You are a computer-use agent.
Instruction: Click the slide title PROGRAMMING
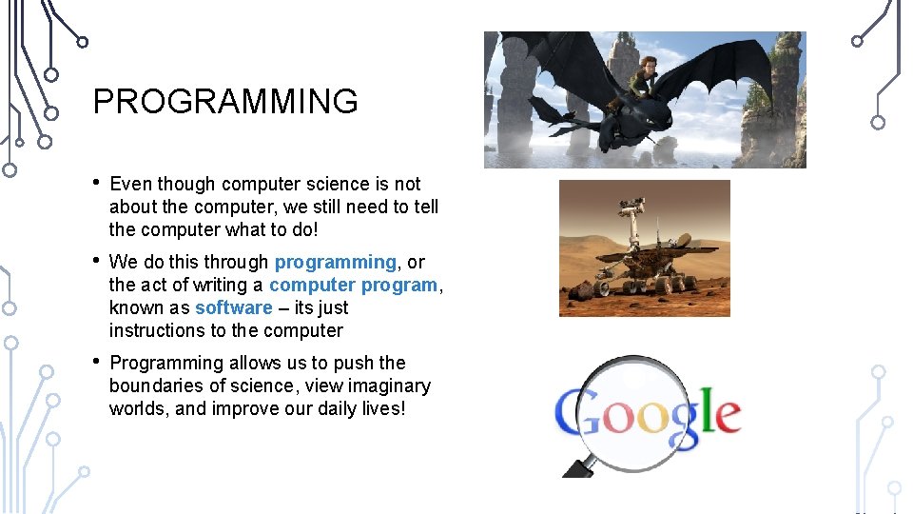225,101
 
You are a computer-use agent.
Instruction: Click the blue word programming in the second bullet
335,262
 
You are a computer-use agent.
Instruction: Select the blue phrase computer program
353,285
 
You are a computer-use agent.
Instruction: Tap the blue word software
233,307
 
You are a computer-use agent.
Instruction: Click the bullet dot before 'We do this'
97,261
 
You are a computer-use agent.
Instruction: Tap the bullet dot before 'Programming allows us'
97,362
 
